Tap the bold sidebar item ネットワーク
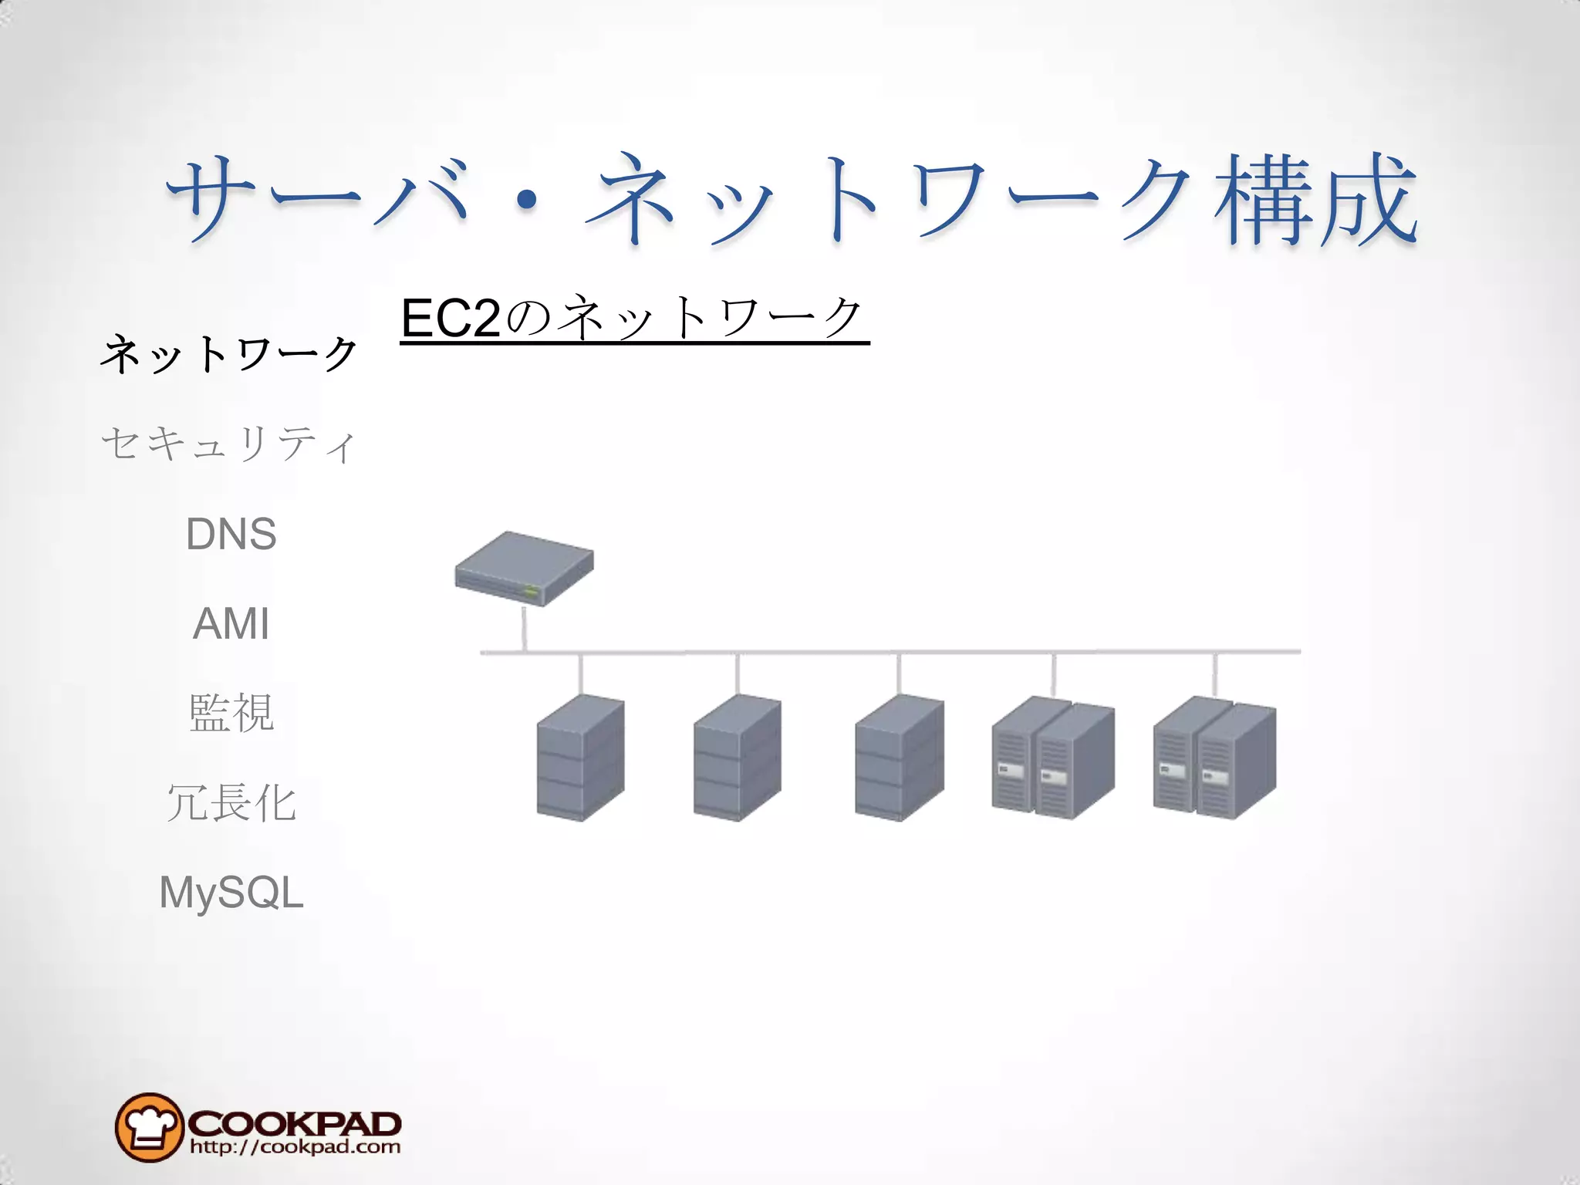(x=229, y=355)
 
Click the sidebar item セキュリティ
(x=229, y=444)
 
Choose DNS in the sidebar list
(x=231, y=534)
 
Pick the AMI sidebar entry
(x=231, y=623)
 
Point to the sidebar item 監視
(x=231, y=713)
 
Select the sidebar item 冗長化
(x=231, y=802)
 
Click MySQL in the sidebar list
(x=231, y=893)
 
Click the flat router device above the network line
(x=524, y=569)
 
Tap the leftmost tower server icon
(x=580, y=758)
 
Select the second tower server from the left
(x=737, y=758)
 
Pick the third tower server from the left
(x=899, y=758)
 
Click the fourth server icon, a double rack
(x=1053, y=758)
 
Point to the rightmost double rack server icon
(x=1214, y=758)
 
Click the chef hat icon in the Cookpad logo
(x=149, y=1127)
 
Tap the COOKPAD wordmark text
(x=294, y=1123)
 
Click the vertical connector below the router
(x=525, y=629)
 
